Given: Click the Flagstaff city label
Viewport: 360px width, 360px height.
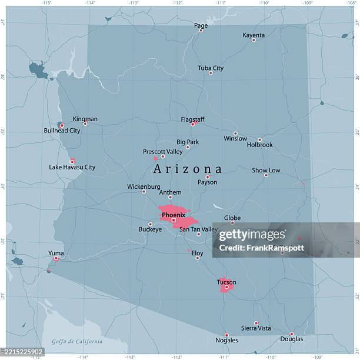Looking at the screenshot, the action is tap(192, 119).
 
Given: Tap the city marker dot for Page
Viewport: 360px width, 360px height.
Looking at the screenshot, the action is tap(201, 31).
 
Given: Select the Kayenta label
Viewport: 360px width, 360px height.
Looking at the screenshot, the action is tap(254, 35).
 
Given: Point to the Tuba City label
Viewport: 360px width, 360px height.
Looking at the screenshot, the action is tap(211, 68).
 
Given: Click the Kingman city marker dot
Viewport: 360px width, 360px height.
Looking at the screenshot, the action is tap(85, 124).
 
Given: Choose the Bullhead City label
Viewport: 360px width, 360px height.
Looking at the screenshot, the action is tap(62, 131).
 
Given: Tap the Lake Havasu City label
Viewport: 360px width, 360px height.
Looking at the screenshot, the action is tap(72, 167).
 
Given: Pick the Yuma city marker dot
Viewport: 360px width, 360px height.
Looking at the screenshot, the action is tap(56, 258).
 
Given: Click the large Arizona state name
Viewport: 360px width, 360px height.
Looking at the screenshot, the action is tap(188, 169).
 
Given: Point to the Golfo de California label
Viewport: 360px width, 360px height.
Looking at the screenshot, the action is tap(76, 341).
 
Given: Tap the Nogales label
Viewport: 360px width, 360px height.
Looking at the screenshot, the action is tap(227, 340).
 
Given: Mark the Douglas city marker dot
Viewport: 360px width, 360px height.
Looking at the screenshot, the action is tap(291, 334).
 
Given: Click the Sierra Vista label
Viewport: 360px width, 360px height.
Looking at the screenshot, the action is tap(256, 328).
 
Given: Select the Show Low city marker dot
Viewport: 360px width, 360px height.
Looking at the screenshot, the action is tap(266, 175).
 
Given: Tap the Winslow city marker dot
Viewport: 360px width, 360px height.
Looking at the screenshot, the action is tap(236, 134).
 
